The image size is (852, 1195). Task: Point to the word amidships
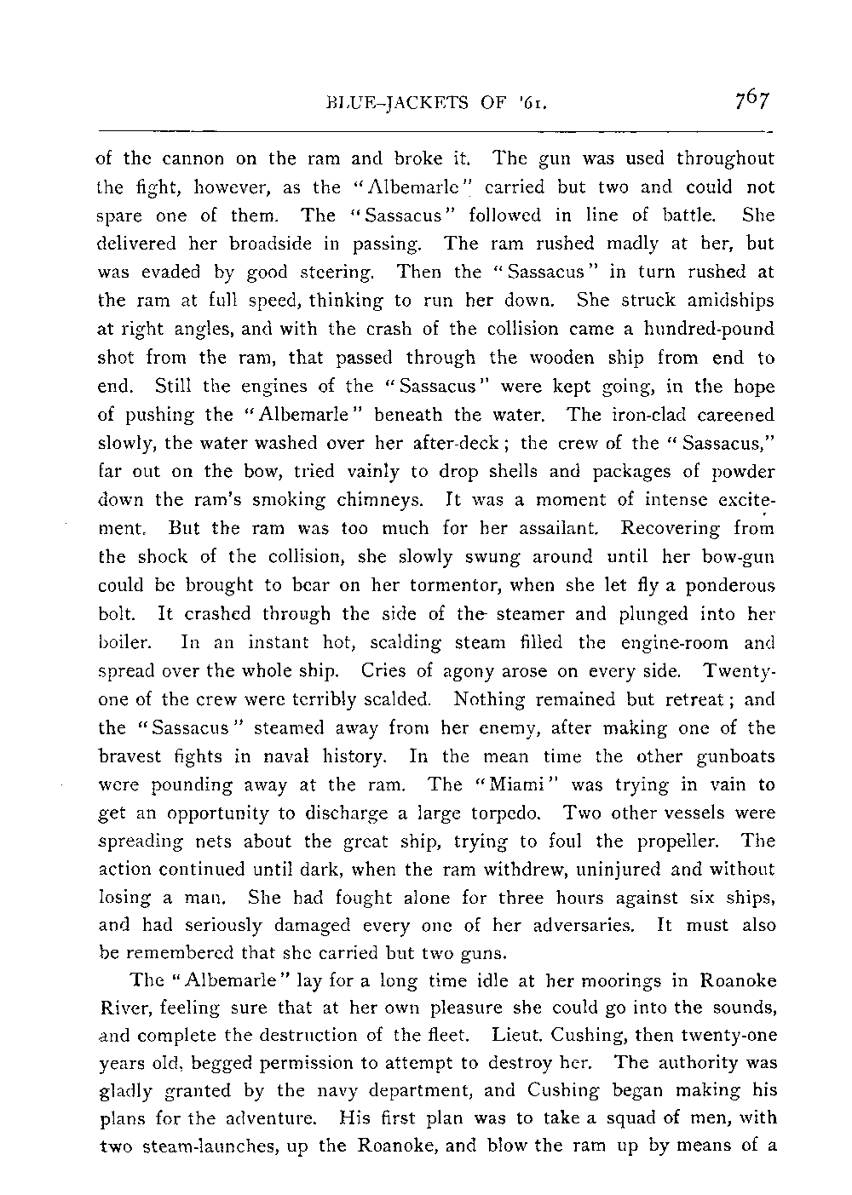point(731,302)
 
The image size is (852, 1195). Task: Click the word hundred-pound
point(716,330)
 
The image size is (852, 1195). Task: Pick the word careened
point(734,416)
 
